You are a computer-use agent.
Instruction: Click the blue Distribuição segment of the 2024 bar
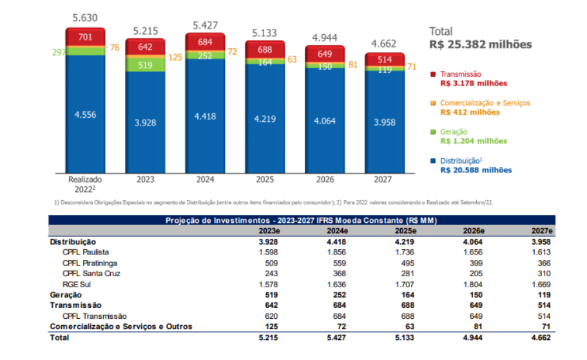(x=204, y=116)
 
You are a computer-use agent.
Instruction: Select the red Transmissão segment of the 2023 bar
(x=144, y=47)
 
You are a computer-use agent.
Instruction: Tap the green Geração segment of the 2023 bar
(x=144, y=64)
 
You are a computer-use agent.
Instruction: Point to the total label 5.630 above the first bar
(x=84, y=18)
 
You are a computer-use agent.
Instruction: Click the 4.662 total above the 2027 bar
(x=385, y=44)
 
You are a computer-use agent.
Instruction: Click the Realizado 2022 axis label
(x=85, y=185)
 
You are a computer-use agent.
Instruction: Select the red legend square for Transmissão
(x=434, y=75)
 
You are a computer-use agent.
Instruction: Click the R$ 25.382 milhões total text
(x=480, y=44)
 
